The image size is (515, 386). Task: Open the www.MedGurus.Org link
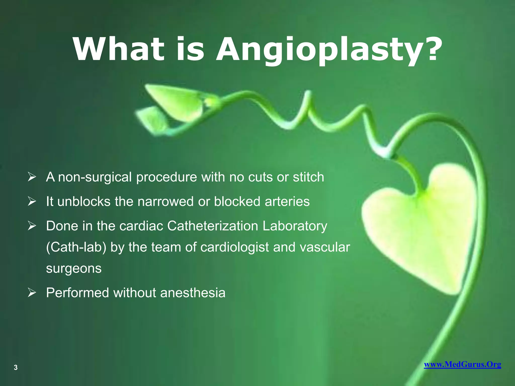(462, 364)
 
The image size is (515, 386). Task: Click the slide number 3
(16, 367)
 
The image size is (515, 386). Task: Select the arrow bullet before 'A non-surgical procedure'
(32, 177)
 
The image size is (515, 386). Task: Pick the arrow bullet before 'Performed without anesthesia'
(32, 293)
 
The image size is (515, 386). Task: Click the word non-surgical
(95, 177)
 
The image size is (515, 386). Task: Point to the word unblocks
(84, 202)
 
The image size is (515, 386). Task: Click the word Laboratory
(295, 226)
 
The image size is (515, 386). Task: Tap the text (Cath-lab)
(76, 248)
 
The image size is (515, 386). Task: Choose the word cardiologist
(235, 248)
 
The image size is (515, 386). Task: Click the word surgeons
(74, 269)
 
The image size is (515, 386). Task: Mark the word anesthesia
(193, 293)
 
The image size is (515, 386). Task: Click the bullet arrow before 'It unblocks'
(32, 202)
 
